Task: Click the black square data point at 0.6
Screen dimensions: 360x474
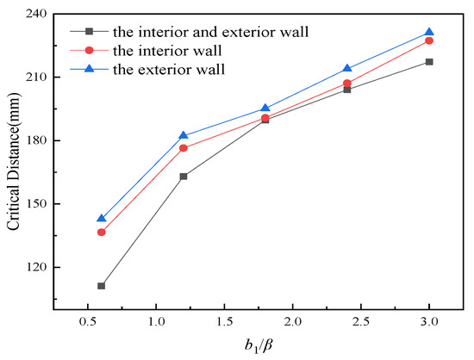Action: (x=102, y=286)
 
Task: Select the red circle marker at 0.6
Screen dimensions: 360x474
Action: (x=102, y=233)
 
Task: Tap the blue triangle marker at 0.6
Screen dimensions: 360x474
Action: (x=102, y=219)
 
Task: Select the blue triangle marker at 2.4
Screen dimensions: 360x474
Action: (x=347, y=68)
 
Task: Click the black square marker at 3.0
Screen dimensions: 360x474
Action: (x=429, y=62)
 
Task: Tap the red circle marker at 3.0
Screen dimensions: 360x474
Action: (x=429, y=40)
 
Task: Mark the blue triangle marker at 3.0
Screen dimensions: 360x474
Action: (x=429, y=32)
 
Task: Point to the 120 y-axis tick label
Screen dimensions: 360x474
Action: (x=36, y=268)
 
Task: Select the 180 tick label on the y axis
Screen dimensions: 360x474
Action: (x=36, y=140)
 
